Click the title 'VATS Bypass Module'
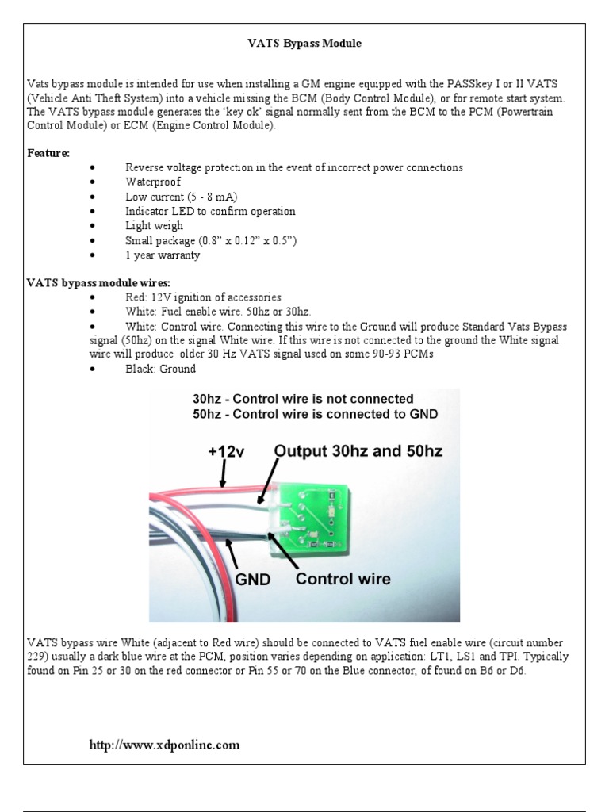coord(304,44)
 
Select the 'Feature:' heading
coord(48,151)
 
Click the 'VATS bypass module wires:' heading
coord(88,282)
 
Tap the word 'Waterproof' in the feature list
coord(153,182)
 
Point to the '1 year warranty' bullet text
coord(163,255)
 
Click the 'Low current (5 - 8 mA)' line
coord(182,197)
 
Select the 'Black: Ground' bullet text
coord(160,370)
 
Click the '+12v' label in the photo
coord(228,450)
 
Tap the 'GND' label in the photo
coord(252,580)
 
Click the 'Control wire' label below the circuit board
coord(343,579)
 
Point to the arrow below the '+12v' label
coord(224,473)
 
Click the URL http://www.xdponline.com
coord(163,745)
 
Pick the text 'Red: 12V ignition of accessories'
coord(204,297)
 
